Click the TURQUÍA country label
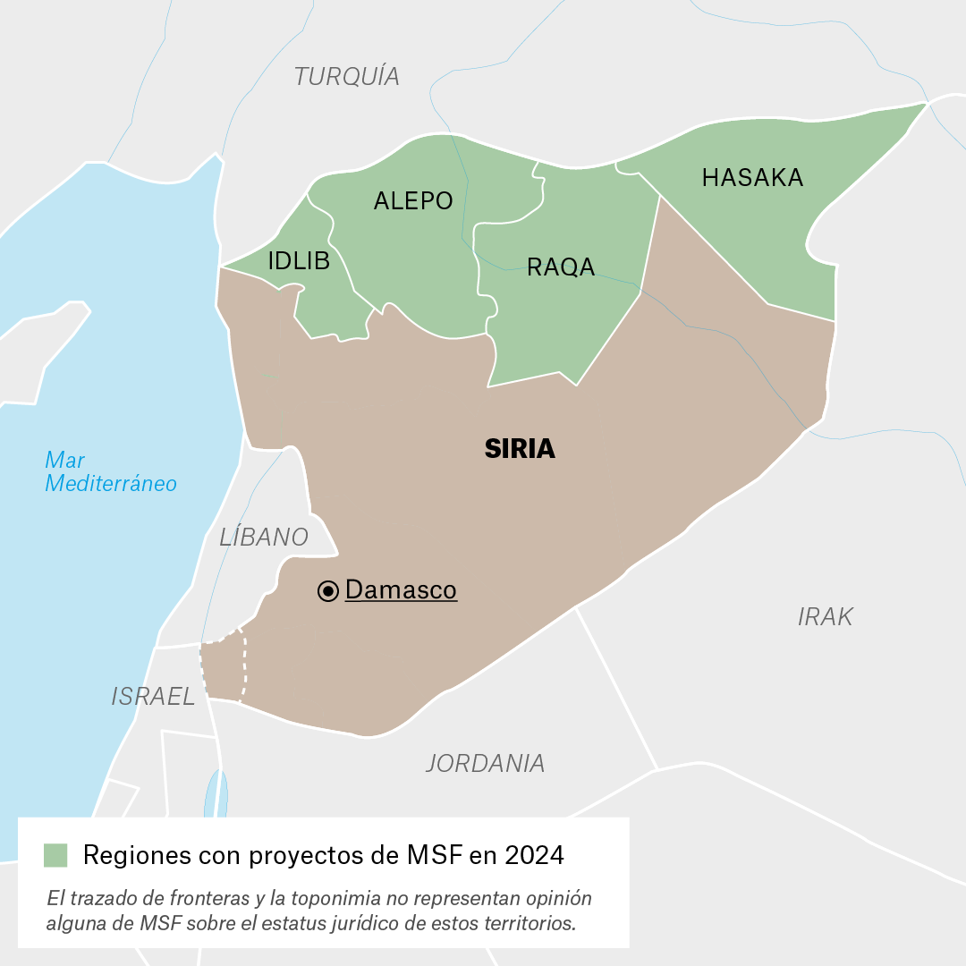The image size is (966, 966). coord(347,77)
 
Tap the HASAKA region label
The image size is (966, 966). coord(752,178)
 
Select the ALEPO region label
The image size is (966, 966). coord(413,201)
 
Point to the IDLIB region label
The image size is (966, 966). coord(299,261)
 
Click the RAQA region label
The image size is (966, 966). coord(561,267)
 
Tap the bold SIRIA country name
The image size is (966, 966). coord(520,449)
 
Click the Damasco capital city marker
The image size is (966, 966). coord(328,590)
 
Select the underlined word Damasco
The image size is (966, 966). coord(401,590)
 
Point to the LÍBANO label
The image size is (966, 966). coord(264,538)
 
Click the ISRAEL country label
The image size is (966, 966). coord(153,697)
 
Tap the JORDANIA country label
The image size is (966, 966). coord(485,763)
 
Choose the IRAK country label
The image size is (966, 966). coord(825,616)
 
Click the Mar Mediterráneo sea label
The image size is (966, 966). coord(110,472)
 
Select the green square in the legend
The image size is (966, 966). coord(55,855)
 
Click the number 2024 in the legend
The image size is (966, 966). coord(534,855)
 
